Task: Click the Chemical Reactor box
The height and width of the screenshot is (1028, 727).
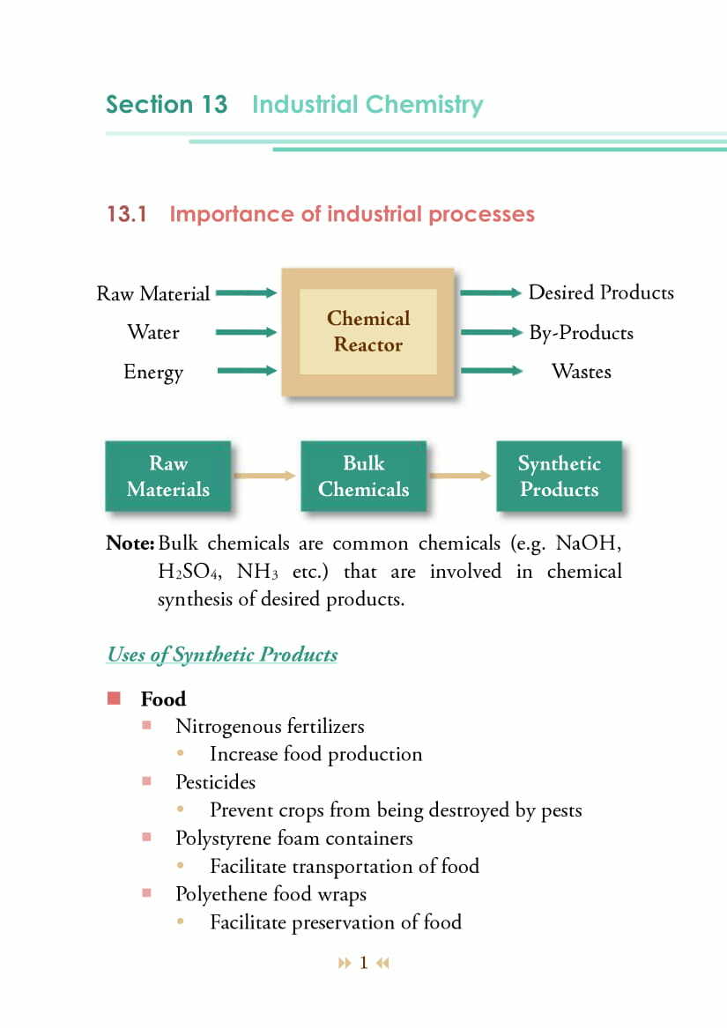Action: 367,332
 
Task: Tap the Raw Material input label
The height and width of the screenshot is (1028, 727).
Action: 152,293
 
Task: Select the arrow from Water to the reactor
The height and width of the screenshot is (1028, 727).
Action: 246,332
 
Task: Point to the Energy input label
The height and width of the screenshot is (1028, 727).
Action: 153,372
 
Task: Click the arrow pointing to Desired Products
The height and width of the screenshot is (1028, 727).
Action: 491,292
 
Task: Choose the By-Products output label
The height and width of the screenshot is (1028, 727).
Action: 581,333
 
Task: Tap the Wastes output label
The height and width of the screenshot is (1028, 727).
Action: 581,372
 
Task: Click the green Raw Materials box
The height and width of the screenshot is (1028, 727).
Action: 167,476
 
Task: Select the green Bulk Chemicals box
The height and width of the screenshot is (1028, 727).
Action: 363,476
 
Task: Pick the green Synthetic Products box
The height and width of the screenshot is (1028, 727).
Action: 559,476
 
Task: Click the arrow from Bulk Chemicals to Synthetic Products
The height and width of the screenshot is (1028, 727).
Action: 460,476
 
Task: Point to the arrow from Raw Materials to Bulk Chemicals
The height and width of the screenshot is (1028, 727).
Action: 264,476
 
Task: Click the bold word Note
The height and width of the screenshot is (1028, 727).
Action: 130,543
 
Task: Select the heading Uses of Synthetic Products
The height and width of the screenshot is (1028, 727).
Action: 222,655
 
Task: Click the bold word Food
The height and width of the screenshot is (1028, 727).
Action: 163,699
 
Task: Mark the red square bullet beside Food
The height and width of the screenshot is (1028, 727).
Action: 113,699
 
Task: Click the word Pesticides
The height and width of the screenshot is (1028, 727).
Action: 215,781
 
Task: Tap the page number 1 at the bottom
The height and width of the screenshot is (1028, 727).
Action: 363,963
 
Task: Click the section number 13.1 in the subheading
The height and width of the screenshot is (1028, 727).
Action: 126,214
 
